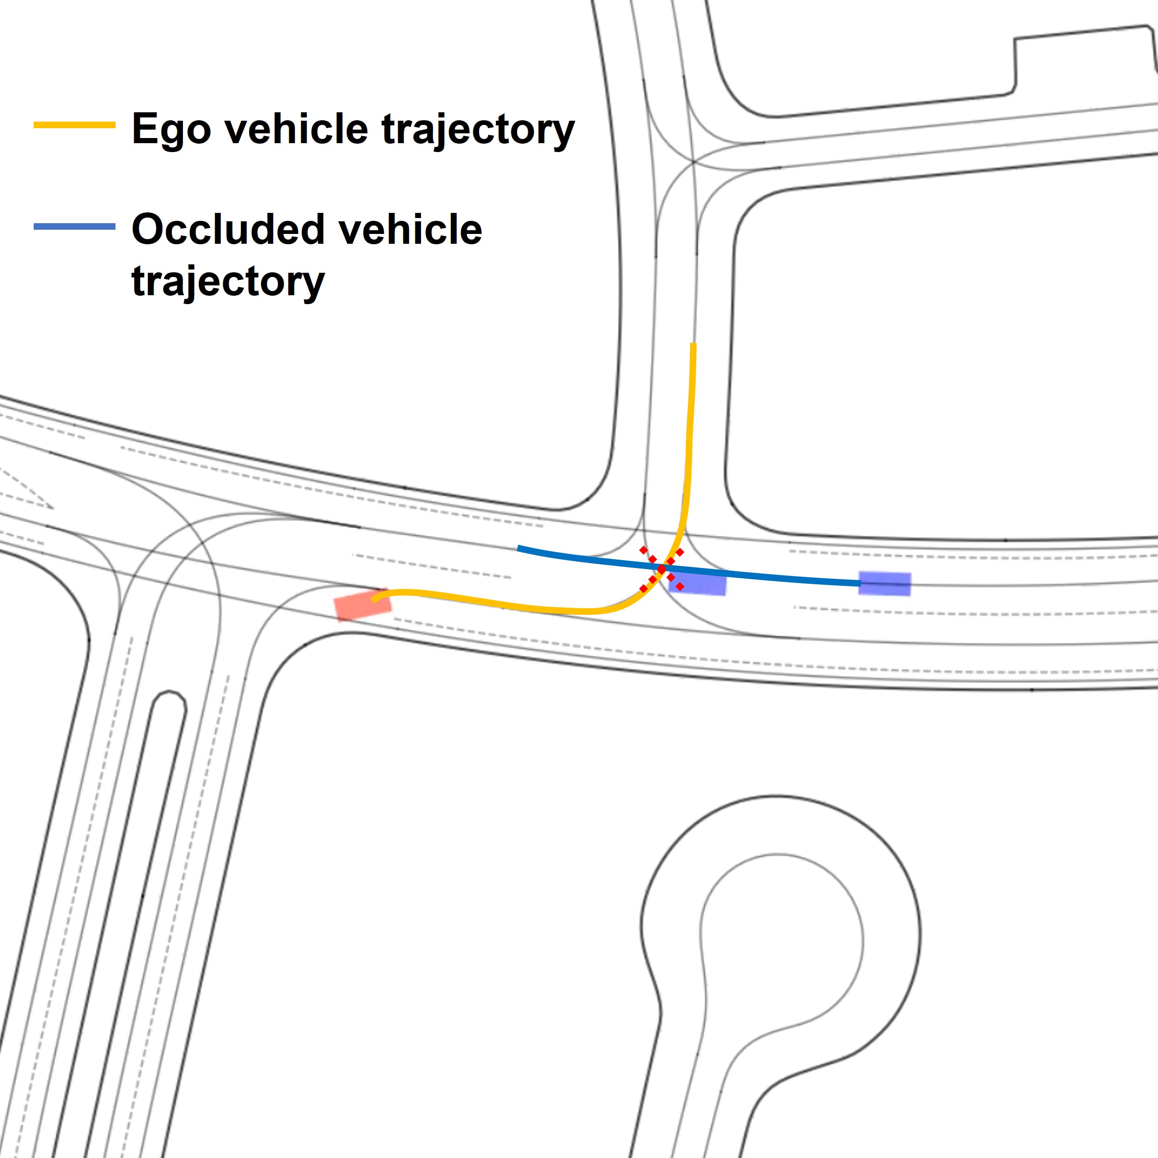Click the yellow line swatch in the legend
[x=74, y=124]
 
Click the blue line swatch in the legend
[x=74, y=226]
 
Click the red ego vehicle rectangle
[x=363, y=605]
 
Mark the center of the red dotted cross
[x=662, y=568]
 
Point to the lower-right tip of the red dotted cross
[x=680, y=587]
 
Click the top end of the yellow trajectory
[x=693, y=344]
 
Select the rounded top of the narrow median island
[x=170, y=695]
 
